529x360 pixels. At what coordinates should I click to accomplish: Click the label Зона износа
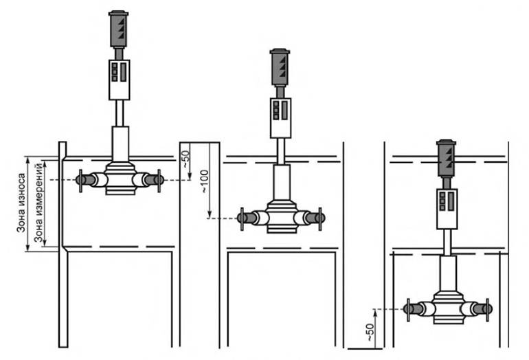21,203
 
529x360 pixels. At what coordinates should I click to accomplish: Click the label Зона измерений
38,203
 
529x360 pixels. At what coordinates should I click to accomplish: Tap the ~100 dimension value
205,181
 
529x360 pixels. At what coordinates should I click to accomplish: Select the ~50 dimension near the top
186,159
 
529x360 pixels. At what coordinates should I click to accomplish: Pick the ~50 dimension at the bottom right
370,332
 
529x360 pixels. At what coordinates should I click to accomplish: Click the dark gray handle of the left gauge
118,29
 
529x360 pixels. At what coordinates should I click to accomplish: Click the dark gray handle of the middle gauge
280,67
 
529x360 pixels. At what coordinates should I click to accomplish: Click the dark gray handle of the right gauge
447,158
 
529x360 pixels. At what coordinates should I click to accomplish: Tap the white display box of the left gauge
120,80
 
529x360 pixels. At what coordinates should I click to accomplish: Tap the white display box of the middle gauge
281,118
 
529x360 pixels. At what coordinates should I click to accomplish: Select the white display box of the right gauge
447,209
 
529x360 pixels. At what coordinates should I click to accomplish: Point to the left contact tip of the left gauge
80,180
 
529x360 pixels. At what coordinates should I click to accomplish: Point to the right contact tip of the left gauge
159,180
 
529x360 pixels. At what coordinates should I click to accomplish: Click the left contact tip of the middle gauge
242,218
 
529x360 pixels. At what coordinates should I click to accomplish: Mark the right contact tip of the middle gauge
321,218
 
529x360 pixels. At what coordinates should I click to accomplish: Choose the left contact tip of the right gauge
409,309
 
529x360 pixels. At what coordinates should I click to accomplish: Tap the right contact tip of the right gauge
487,309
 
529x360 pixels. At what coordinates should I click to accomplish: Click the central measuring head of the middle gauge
282,217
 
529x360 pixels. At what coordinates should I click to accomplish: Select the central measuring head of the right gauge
448,308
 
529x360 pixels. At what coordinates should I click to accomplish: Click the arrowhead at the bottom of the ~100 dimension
210,214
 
